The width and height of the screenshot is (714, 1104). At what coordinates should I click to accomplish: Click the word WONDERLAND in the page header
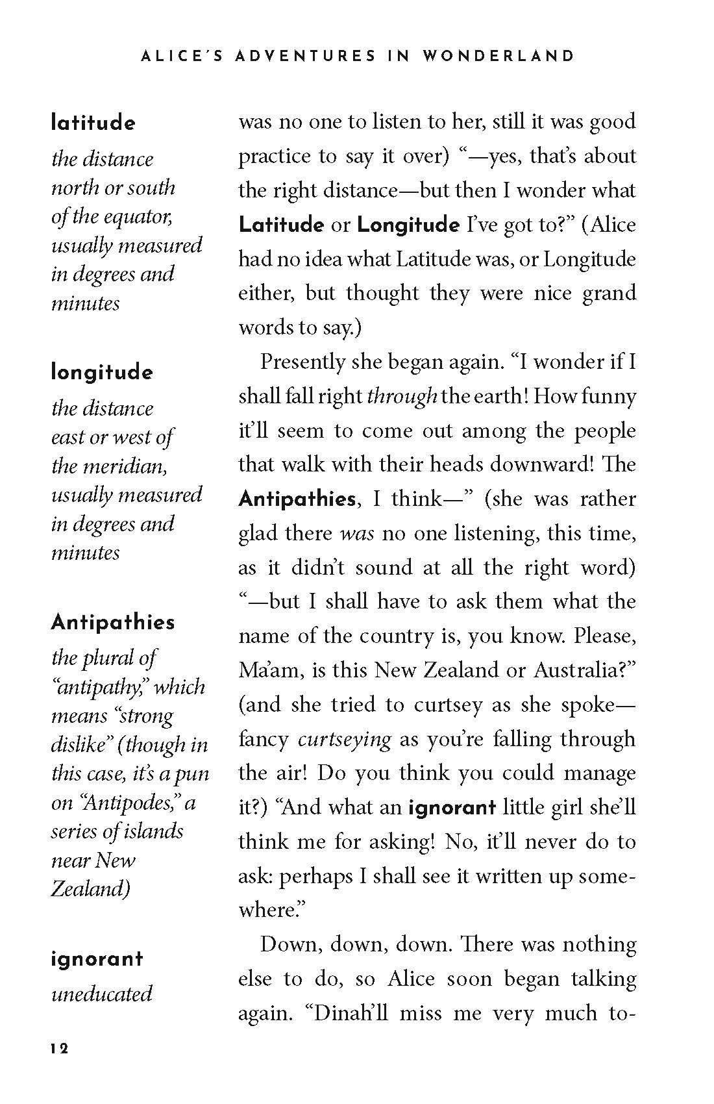(498, 56)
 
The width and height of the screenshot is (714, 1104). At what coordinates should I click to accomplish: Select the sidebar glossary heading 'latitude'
(93, 123)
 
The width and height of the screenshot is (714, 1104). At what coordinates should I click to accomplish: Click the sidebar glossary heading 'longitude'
(102, 373)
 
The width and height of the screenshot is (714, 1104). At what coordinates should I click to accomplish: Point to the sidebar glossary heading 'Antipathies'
(113, 622)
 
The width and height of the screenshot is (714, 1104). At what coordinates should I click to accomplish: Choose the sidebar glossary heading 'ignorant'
(97, 959)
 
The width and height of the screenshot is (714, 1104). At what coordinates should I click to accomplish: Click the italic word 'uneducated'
(101, 994)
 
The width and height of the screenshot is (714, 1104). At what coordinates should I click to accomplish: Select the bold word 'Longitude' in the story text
(408, 225)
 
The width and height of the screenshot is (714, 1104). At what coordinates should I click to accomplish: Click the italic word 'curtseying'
(345, 740)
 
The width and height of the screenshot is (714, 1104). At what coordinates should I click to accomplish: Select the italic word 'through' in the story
(402, 396)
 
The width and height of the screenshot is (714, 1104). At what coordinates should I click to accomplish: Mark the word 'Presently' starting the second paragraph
(302, 362)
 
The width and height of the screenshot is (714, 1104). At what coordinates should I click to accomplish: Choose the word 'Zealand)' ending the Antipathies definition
(91, 888)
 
